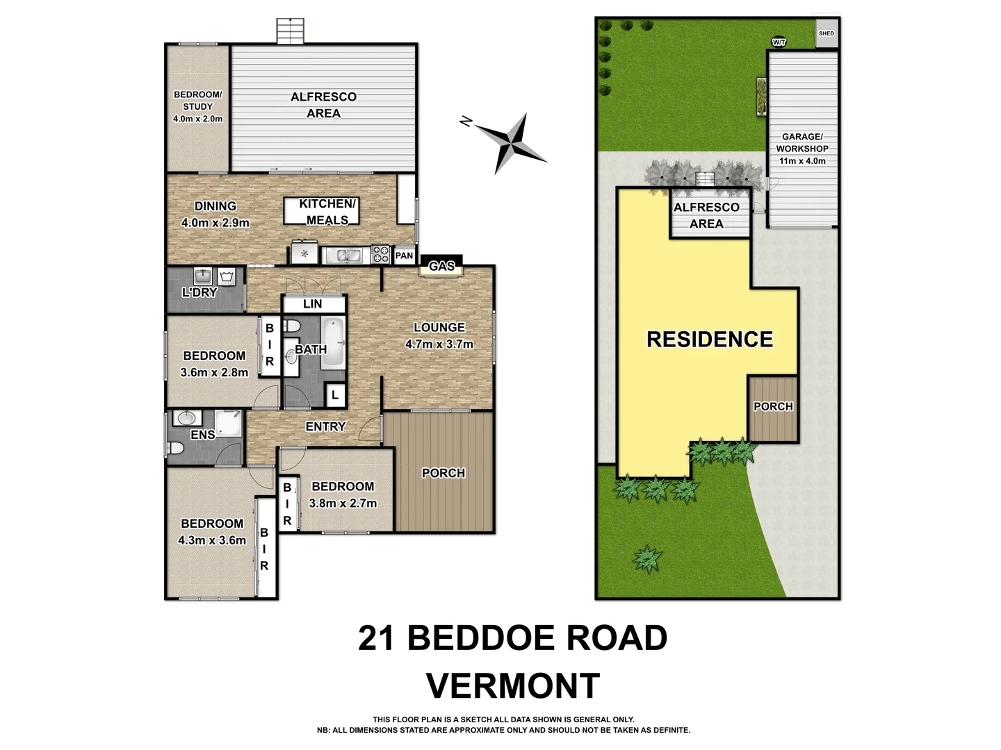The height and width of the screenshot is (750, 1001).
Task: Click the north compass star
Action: (x=511, y=142)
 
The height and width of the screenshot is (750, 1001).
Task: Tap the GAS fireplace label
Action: (x=441, y=266)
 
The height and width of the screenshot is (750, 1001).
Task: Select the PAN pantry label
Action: (x=404, y=256)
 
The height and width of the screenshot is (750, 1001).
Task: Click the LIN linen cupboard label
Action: (x=313, y=303)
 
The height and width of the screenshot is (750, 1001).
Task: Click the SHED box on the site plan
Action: (x=827, y=33)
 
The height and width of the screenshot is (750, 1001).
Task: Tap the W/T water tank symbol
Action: (x=779, y=42)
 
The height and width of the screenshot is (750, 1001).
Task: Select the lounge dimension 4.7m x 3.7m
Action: (x=439, y=344)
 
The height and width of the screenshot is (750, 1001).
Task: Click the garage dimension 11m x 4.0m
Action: (x=802, y=161)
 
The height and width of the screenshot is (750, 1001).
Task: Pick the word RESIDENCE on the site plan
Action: (x=710, y=339)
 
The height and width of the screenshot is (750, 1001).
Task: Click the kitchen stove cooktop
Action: (x=380, y=254)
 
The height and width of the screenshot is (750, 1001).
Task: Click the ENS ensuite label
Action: (x=202, y=435)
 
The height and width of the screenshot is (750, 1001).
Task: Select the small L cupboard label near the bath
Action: (x=335, y=395)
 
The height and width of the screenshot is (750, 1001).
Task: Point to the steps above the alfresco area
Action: (x=291, y=31)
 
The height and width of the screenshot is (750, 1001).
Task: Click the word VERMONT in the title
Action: (x=512, y=686)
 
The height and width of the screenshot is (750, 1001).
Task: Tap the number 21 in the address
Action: (x=376, y=638)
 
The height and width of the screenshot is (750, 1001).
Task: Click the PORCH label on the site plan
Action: (x=773, y=406)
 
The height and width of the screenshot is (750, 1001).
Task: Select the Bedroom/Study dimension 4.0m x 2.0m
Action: (x=197, y=119)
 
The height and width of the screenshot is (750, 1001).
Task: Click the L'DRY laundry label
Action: (x=200, y=292)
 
